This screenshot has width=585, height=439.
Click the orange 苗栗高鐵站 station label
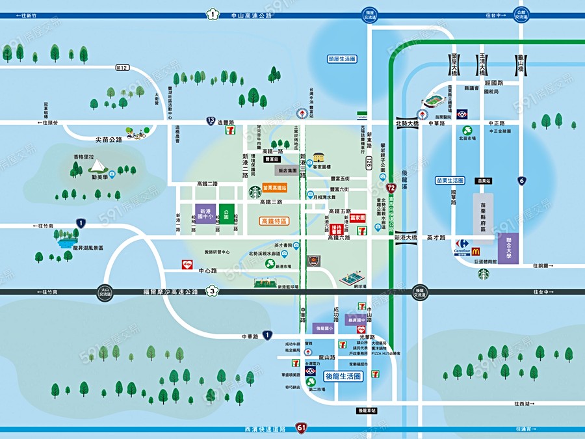coord(275,188)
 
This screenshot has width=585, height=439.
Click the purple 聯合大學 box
coord(508,248)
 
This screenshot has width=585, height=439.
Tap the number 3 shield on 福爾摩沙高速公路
coord(212,291)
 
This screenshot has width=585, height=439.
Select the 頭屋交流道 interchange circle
coord(370,14)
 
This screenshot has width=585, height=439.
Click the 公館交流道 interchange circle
coord(521,14)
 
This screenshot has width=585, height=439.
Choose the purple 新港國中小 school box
coord(205,214)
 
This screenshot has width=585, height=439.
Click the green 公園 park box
coord(226,213)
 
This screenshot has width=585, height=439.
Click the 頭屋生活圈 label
coord(342,59)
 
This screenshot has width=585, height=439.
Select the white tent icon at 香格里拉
coord(97,170)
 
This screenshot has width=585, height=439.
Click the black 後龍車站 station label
coord(367,410)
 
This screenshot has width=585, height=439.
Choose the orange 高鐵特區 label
coord(274,221)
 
